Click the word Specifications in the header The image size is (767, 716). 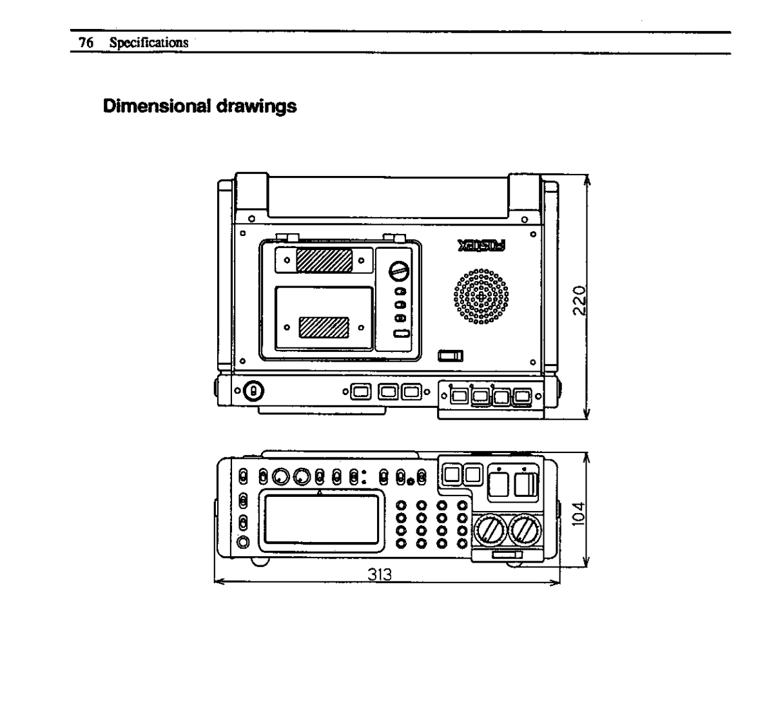(x=148, y=43)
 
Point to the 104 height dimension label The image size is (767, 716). (x=579, y=514)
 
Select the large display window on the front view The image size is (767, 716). (x=323, y=519)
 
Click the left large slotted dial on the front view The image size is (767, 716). (x=491, y=532)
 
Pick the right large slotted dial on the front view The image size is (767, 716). (x=526, y=532)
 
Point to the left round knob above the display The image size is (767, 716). (x=280, y=478)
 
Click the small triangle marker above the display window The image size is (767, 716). (x=321, y=492)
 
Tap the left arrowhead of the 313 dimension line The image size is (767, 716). (x=217, y=583)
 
